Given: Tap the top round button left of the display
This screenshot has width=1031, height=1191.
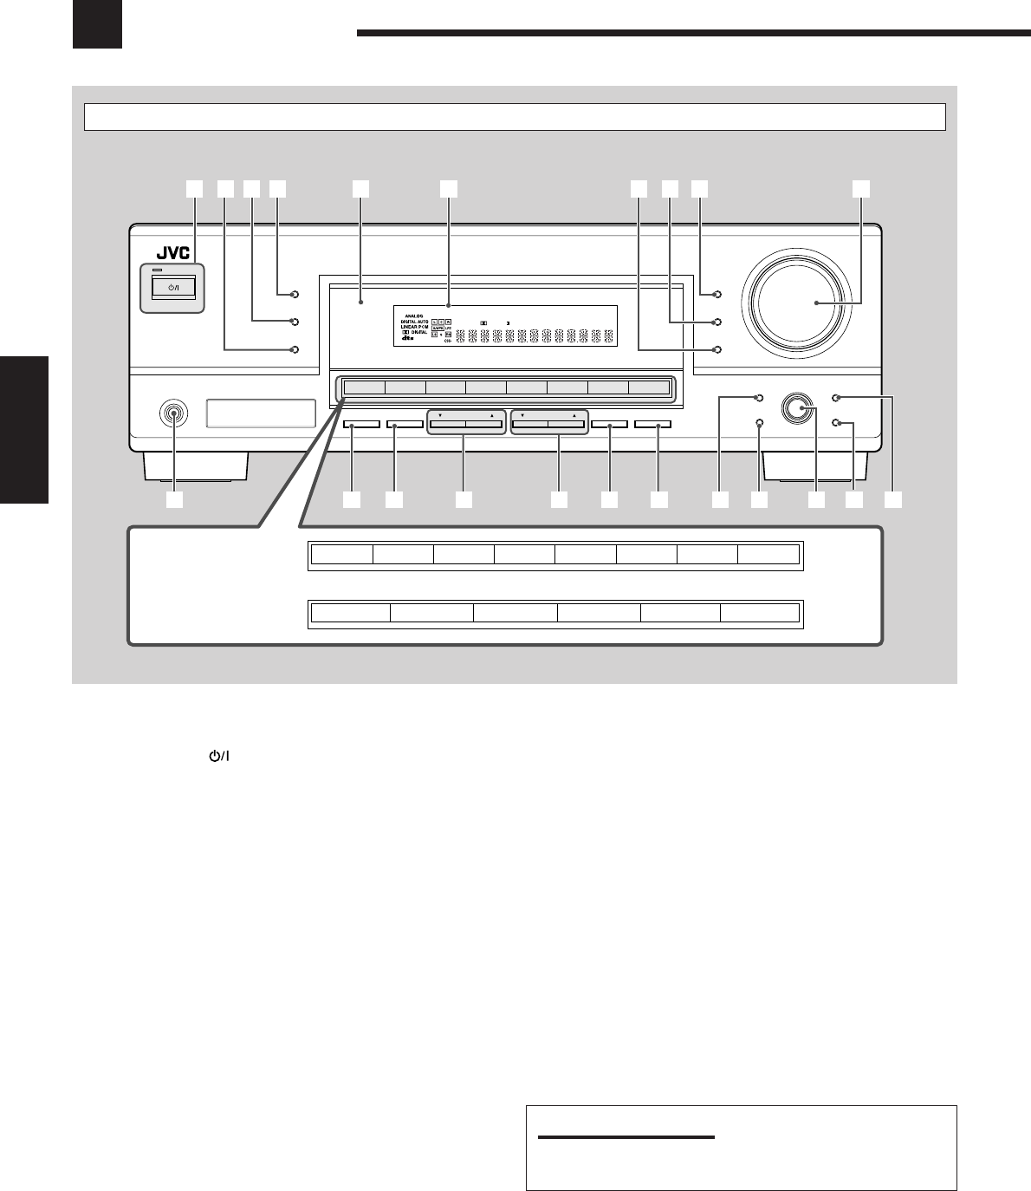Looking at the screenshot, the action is pos(295,295).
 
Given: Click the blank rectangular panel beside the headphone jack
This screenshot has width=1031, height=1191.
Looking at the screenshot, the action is pos(261,413).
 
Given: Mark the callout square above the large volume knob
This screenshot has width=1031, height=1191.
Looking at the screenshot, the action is pos(859,187).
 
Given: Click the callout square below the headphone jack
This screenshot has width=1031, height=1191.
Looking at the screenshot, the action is pos(175,500).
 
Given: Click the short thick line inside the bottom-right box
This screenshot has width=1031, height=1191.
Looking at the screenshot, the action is pos(626,1137).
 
